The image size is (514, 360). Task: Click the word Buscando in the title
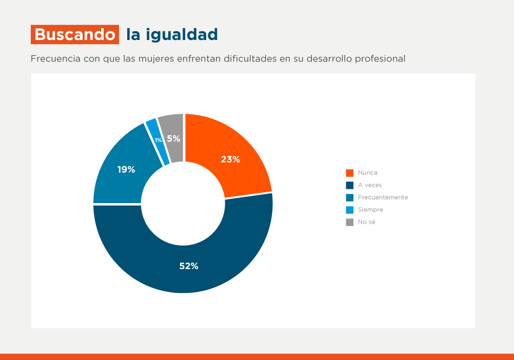[x=75, y=35]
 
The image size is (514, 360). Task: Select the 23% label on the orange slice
[x=230, y=159]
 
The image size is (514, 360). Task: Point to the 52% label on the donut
[x=189, y=266]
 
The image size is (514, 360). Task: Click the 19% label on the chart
[x=126, y=170]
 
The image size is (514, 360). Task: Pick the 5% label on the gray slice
[x=173, y=138]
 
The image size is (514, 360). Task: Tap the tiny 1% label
[x=159, y=140]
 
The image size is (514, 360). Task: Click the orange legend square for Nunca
[x=350, y=173]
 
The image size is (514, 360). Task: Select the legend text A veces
[x=370, y=185]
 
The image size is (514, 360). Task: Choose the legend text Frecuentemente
[x=383, y=197]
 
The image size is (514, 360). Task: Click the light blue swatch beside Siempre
[x=350, y=210]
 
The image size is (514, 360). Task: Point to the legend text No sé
[x=367, y=222]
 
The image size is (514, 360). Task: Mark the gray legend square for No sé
[x=350, y=222]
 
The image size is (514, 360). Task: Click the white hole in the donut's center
[x=183, y=204]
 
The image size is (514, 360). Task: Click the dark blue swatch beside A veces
[x=350, y=185]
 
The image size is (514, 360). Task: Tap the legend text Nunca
[x=367, y=173]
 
